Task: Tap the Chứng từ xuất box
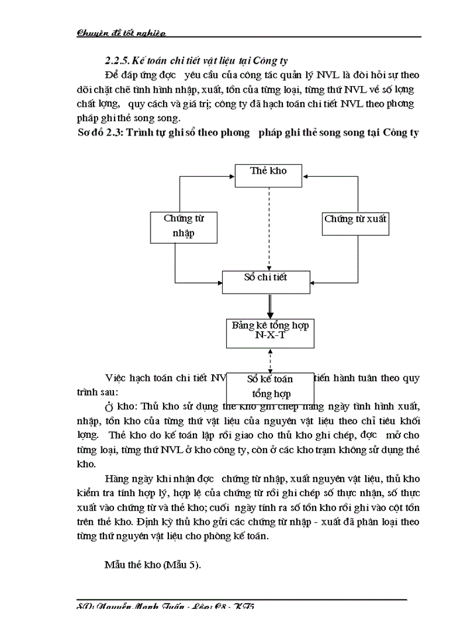click(355, 219)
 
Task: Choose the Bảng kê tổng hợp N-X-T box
click(270, 332)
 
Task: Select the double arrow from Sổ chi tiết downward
click(270, 306)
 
